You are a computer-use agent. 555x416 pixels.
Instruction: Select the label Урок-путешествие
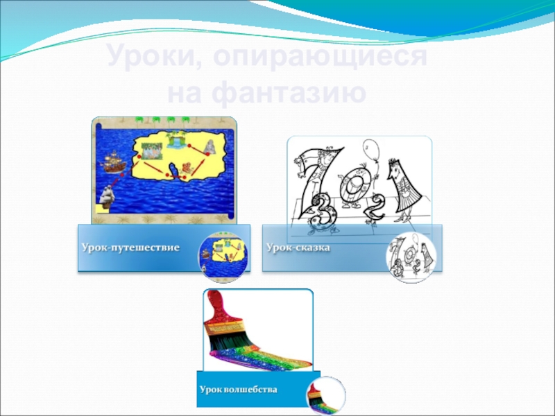pos(130,247)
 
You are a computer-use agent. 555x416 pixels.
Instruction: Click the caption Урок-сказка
pos(298,247)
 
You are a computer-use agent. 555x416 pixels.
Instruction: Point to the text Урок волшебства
pos(238,390)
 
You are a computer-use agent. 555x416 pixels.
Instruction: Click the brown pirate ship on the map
pos(113,162)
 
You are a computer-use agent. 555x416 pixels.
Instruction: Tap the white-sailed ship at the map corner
pos(106,197)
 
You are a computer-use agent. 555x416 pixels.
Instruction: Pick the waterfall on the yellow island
pos(176,140)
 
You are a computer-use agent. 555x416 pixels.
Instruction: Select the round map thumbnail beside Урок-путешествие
pos(223,257)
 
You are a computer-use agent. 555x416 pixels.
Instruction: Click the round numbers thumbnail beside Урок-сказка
pos(411,257)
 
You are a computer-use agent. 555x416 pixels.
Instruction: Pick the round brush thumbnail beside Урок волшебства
pos(326,395)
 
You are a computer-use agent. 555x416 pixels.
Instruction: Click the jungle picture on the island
pos(151,151)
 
